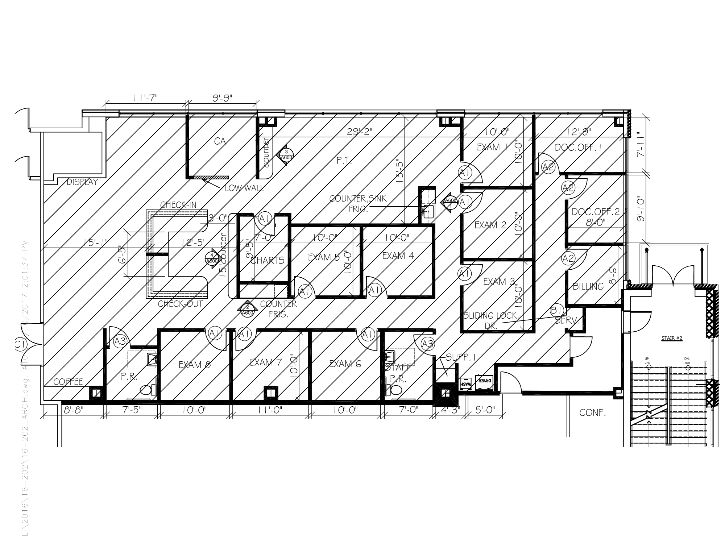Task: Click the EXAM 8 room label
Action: click(194, 365)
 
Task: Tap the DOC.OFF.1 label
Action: click(578, 148)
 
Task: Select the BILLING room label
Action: click(588, 286)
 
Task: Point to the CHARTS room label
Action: click(268, 260)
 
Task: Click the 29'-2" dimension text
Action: click(360, 132)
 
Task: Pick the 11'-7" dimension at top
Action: click(145, 98)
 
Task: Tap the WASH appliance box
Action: click(465, 383)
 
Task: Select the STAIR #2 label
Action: click(672, 338)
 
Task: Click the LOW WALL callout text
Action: click(244, 188)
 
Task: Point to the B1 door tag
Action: click(556, 310)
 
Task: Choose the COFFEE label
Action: click(68, 382)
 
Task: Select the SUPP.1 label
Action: click(460, 357)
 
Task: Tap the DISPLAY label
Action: click(82, 182)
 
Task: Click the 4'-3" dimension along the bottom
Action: click(450, 410)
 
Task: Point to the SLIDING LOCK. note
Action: click(491, 316)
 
